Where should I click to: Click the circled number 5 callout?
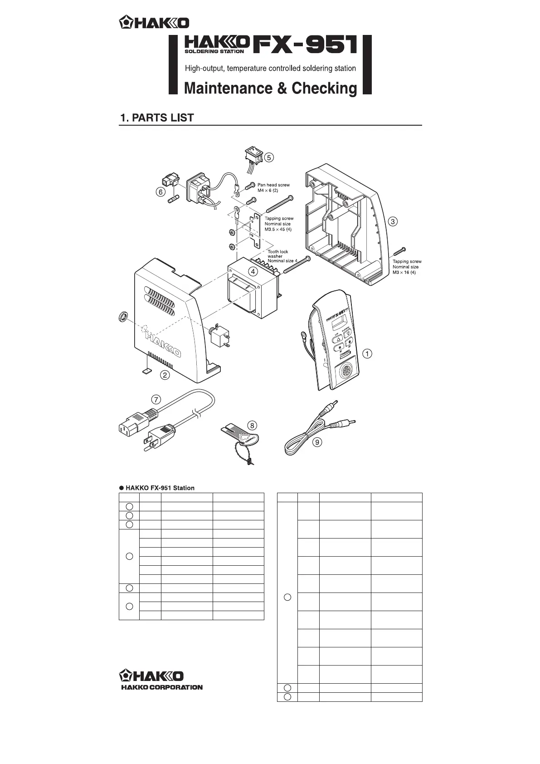269,157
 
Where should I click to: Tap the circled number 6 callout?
160,191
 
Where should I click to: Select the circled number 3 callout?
393,221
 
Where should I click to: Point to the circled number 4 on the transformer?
253,271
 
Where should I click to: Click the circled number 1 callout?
369,353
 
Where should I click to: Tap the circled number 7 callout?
156,399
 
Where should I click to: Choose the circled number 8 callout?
253,426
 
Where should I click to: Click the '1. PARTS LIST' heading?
157,118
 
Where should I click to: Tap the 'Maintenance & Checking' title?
270,88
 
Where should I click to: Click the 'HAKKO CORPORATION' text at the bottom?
161,687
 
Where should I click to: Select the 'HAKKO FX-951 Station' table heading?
160,488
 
